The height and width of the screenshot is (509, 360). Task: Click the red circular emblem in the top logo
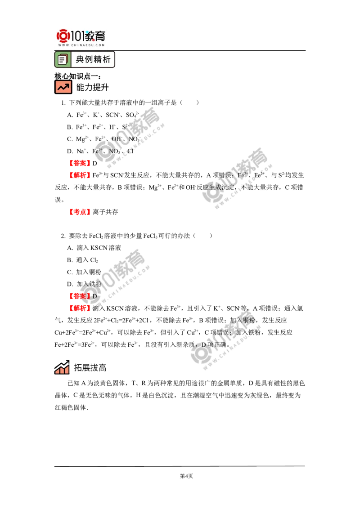[63, 36]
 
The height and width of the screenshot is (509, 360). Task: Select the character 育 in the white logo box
[99, 35]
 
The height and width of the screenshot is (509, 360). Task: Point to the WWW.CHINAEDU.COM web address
[81, 45]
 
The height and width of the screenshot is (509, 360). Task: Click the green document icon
[63, 59]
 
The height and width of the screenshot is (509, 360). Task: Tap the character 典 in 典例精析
[80, 59]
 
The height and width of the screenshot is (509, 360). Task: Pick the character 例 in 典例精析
[89, 59]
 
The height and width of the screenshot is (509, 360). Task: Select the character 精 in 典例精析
[98, 59]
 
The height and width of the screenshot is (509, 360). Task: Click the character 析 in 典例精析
[107, 59]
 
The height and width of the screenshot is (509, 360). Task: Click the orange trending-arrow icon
[63, 87]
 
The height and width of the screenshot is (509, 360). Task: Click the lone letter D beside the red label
[94, 296]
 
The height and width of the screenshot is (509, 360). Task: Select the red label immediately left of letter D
[79, 296]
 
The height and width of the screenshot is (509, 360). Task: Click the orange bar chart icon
[61, 368]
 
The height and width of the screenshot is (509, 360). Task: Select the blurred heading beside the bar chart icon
[88, 368]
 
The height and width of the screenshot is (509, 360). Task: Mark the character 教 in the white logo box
[89, 35]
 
